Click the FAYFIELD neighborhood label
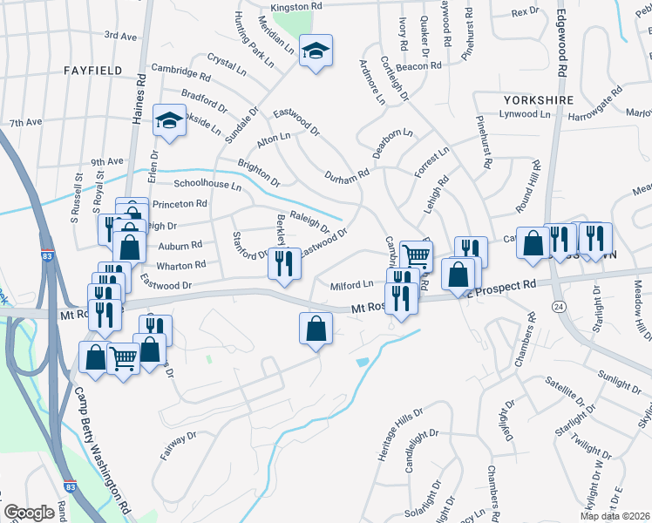tap(92, 69)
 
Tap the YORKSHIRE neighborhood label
tap(538, 100)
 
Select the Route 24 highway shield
tap(559, 306)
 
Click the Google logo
tap(29, 513)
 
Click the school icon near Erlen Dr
tap(168, 120)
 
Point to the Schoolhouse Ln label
tap(207, 185)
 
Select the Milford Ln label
tap(351, 285)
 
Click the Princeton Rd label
tap(180, 204)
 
